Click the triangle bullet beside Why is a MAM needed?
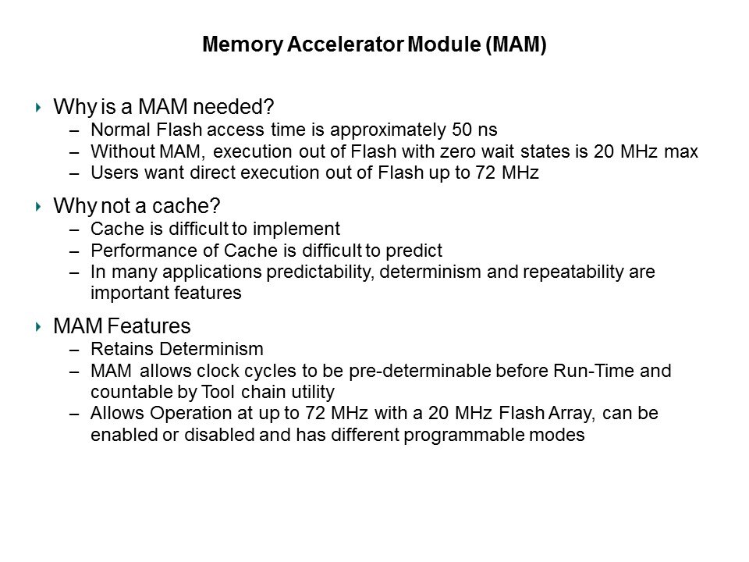pyautogui.click(x=38, y=107)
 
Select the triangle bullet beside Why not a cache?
pyautogui.click(x=38, y=206)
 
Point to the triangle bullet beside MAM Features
pyautogui.click(x=38, y=327)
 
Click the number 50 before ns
pyautogui.click(x=461, y=130)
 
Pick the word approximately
pyautogui.click(x=388, y=130)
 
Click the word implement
pyautogui.click(x=296, y=229)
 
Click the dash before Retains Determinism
pyautogui.click(x=74, y=350)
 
